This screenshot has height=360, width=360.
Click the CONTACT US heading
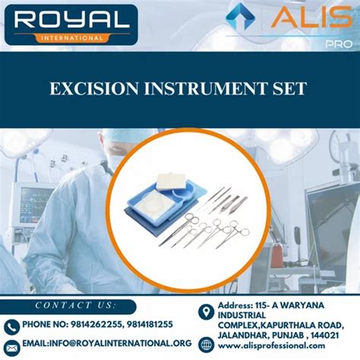click(73, 305)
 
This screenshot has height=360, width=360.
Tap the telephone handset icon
click(11, 326)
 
